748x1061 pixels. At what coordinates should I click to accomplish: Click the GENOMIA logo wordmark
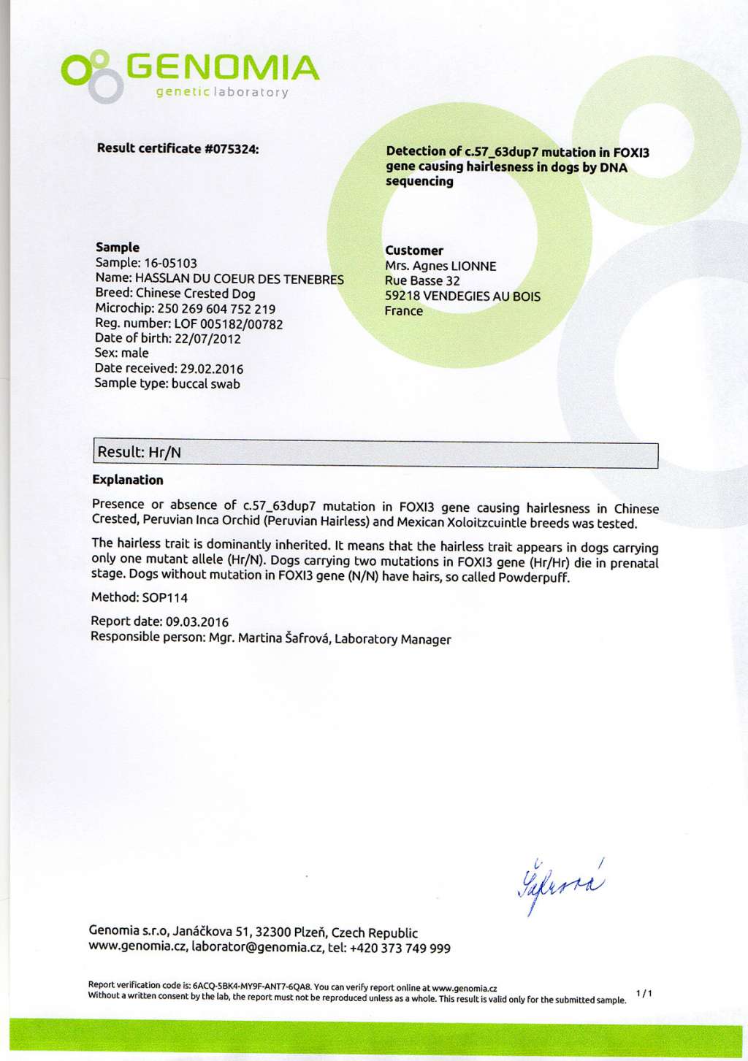pos(223,69)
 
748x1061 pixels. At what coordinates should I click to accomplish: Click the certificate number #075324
pos(232,149)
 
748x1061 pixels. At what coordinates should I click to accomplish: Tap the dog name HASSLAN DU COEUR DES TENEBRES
pos(240,279)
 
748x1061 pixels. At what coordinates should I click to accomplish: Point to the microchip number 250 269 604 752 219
pos(216,309)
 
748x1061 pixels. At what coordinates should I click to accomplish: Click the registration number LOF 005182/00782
pos(228,324)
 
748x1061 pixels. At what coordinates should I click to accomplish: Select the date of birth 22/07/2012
pos(207,339)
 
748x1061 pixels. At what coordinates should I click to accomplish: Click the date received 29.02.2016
pos(212,369)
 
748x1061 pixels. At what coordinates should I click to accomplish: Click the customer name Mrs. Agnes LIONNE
pos(440,267)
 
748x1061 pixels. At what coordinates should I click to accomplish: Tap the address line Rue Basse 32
pos(422,281)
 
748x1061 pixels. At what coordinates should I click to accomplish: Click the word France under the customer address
pos(404,311)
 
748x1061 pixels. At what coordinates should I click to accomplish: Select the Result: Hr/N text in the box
pos(140,453)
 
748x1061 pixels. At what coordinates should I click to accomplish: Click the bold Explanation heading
pos(128,480)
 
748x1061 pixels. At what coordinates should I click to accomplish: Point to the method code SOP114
pos(165,598)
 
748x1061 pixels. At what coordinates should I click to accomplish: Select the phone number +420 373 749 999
pos(400,949)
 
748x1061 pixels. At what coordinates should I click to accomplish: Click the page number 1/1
pos(644,993)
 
